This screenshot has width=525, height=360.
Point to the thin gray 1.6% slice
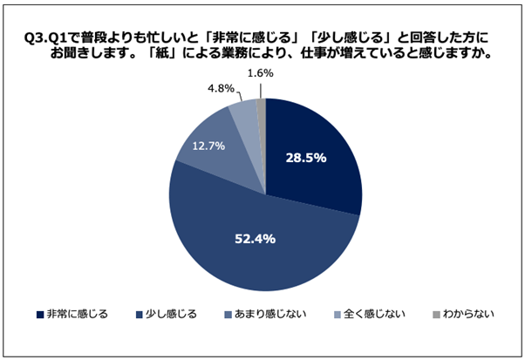(x=261, y=109)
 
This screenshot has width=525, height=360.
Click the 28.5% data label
(x=306, y=158)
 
